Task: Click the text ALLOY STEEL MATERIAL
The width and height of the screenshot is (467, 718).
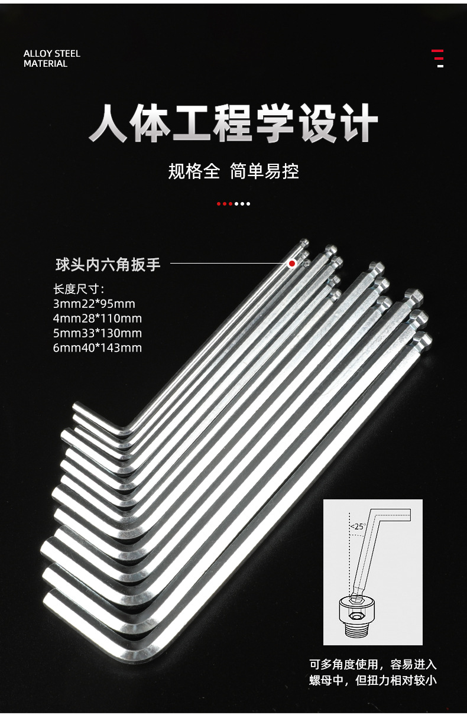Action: point(51,59)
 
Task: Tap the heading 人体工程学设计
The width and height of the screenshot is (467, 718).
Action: point(234,123)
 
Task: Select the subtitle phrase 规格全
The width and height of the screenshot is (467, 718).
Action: point(194,171)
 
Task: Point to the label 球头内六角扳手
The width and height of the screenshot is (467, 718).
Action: point(108,264)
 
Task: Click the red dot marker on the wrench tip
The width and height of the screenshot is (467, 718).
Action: point(292,264)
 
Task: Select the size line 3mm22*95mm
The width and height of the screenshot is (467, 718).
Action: point(94,304)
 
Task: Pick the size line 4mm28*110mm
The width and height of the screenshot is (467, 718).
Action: point(98,319)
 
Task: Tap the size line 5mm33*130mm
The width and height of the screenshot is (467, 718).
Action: point(98,333)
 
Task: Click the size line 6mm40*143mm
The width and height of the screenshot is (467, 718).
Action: point(98,347)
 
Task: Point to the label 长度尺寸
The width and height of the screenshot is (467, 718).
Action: point(79,290)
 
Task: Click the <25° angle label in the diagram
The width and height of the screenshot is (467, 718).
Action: point(358,526)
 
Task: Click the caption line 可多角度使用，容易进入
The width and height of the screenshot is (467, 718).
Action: point(372,664)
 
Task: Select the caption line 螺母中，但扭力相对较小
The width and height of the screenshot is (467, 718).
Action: point(372,680)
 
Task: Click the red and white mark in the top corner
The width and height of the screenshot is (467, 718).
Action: point(437,58)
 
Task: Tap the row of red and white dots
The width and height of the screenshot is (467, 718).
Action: point(234,204)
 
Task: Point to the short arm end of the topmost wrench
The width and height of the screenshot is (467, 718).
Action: point(79,408)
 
